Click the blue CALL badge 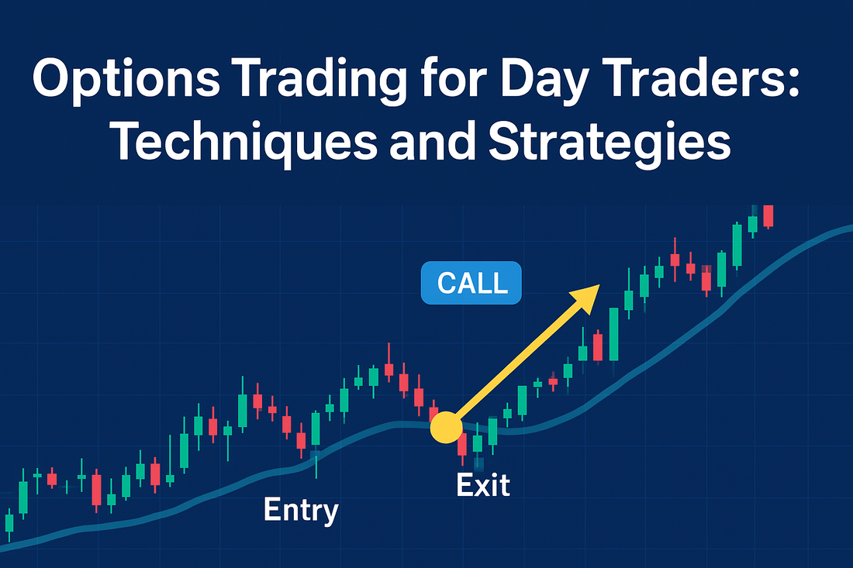(471, 283)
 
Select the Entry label (301, 511)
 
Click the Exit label (483, 485)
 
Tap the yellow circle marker (446, 427)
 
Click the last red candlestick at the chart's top (768, 215)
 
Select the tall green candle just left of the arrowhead (613, 334)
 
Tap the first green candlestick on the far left (9, 523)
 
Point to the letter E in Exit (465, 485)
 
